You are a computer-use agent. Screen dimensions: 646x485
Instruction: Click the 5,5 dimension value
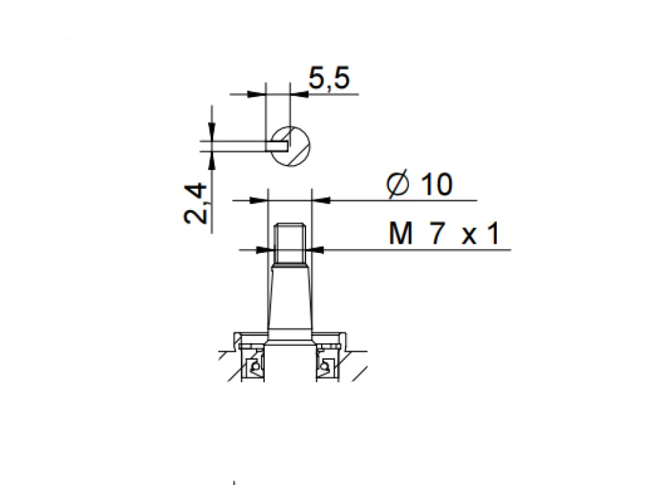click(329, 78)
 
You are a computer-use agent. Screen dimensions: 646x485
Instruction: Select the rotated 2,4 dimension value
click(195, 204)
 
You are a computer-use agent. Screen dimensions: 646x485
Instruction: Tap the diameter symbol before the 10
click(398, 184)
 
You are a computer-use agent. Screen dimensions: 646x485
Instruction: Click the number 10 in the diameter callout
click(437, 184)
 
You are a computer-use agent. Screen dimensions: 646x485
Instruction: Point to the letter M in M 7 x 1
click(401, 233)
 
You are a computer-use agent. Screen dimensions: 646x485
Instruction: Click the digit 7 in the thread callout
click(437, 233)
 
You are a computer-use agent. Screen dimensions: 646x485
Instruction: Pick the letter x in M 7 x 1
click(469, 236)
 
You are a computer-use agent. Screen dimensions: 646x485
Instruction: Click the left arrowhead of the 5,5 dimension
click(256, 94)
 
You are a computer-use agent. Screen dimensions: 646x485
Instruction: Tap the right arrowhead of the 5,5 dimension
click(300, 94)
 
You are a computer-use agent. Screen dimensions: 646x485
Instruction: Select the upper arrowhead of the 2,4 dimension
click(212, 131)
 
